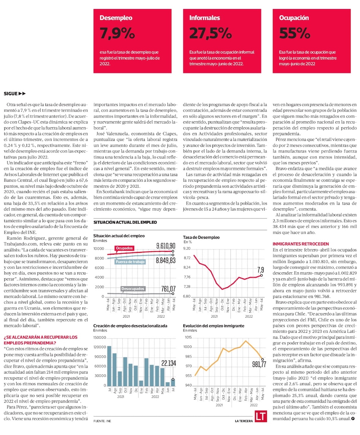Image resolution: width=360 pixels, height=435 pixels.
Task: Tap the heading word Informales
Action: [204, 18]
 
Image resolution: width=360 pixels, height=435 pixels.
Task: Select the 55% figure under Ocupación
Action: [294, 33]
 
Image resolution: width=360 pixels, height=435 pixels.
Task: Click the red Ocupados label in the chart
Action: [124, 248]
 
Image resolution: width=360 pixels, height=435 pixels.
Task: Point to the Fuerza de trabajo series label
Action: [131, 262]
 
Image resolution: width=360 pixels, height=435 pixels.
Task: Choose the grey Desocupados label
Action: [133, 289]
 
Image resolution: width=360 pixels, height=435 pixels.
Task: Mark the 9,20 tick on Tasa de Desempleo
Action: [187, 248]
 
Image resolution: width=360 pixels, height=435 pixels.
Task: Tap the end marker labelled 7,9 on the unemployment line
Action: [261, 275]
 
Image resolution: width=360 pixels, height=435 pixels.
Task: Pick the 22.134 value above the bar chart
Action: [168, 363]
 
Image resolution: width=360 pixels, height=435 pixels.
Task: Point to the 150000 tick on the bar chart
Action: [100, 337]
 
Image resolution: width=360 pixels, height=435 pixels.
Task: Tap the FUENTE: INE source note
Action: [102, 421]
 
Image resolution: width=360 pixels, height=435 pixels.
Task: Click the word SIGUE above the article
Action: [11, 94]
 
